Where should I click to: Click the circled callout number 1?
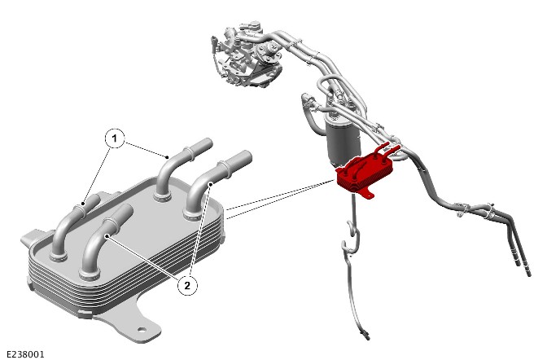coord(116,138)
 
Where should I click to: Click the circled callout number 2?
coord(186,286)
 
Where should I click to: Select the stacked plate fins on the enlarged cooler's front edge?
coord(122,285)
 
